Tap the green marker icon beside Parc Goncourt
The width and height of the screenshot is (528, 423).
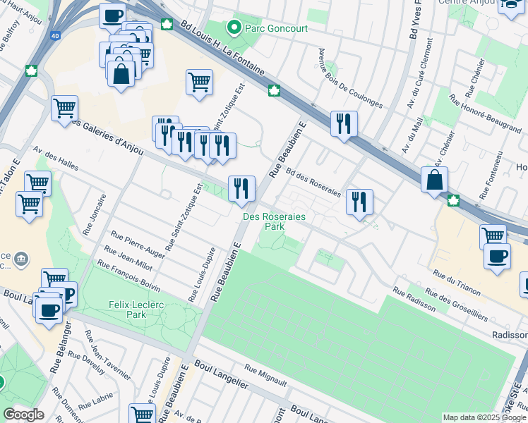[234, 28]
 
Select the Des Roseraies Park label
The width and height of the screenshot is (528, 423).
[274, 222]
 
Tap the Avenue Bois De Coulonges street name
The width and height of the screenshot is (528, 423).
[350, 78]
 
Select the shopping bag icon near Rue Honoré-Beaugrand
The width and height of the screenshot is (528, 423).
[435, 179]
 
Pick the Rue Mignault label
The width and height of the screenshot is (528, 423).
[265, 375]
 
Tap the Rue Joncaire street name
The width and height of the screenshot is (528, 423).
[95, 214]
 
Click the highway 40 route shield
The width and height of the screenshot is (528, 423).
[55, 35]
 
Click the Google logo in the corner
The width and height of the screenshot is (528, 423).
[23, 415]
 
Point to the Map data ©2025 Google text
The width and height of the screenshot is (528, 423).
[484, 417]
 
